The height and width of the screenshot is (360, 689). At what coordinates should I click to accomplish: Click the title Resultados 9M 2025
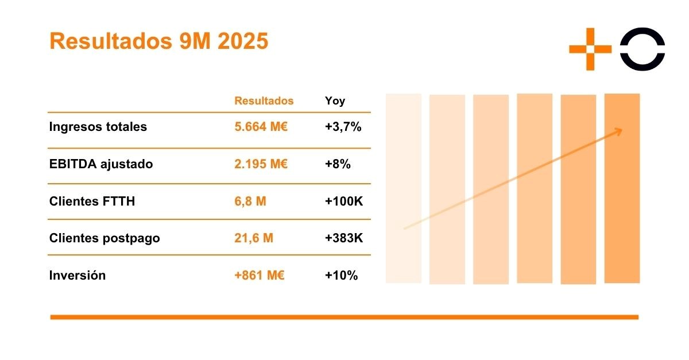(x=159, y=41)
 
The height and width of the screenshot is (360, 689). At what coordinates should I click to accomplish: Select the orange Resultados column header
(x=264, y=101)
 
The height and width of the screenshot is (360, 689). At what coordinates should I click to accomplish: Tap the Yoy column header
(x=335, y=101)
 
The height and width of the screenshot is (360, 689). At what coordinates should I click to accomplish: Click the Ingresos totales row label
(x=98, y=127)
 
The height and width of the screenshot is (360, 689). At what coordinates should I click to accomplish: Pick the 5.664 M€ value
(x=261, y=127)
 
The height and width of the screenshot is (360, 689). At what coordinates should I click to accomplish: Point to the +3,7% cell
(x=343, y=127)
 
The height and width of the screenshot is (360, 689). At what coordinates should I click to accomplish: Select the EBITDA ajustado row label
(x=101, y=164)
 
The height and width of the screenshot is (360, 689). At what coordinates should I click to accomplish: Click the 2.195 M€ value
(x=261, y=164)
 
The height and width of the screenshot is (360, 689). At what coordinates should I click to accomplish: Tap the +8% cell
(x=338, y=164)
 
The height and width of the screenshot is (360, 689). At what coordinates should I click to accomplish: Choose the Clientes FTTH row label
(x=92, y=202)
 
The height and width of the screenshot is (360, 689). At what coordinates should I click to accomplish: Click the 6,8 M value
(x=250, y=202)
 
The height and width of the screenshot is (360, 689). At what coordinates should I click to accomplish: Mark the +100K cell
(x=344, y=202)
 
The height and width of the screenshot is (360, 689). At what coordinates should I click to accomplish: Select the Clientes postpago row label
(x=104, y=238)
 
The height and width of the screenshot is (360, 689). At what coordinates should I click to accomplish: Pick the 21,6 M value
(x=254, y=238)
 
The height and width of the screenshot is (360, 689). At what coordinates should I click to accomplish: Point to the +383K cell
(x=344, y=238)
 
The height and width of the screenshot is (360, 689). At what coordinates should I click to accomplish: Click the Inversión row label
(x=78, y=275)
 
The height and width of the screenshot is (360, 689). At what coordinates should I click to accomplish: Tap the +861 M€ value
(x=260, y=275)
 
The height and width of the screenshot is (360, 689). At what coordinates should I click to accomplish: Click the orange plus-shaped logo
(x=590, y=49)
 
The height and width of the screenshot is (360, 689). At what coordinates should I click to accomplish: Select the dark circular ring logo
(x=642, y=49)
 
